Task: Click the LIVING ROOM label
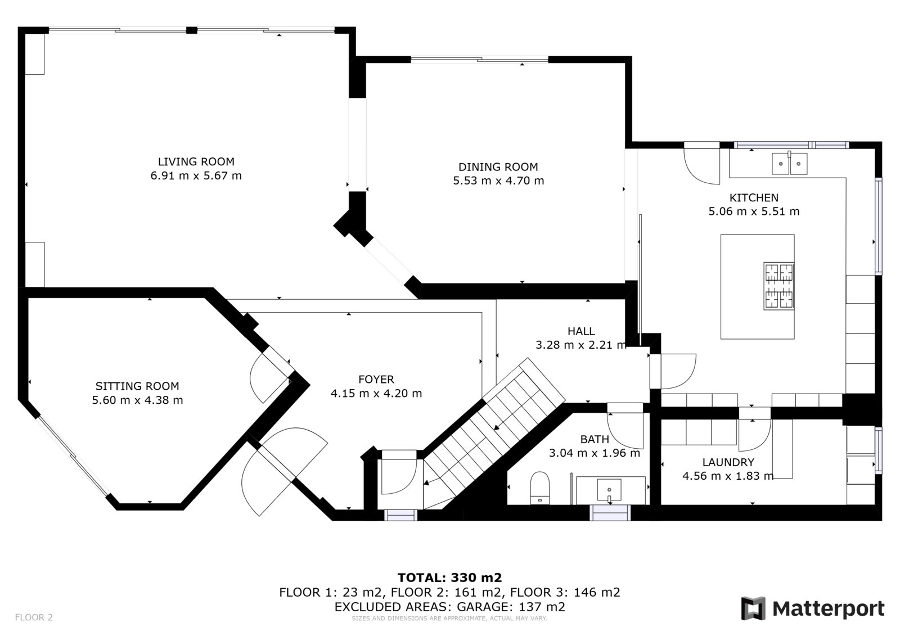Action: coord(196,161)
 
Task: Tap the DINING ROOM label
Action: coord(498,167)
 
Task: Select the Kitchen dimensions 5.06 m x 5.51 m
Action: coord(754,211)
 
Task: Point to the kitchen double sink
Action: coord(789,163)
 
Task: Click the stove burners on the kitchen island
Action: coord(779,286)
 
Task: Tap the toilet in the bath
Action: coord(539,488)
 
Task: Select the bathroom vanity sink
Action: coord(609,490)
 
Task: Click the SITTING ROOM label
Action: coord(137,386)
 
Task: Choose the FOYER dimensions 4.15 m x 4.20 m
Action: coord(376,393)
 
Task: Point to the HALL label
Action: coord(581,331)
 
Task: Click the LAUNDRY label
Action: coord(728,462)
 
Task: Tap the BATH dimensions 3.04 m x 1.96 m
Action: coord(594,453)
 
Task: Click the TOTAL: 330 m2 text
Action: coord(449,578)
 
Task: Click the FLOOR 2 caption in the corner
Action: coord(34,617)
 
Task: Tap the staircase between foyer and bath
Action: coord(494,434)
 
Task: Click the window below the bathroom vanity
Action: coord(610,513)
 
